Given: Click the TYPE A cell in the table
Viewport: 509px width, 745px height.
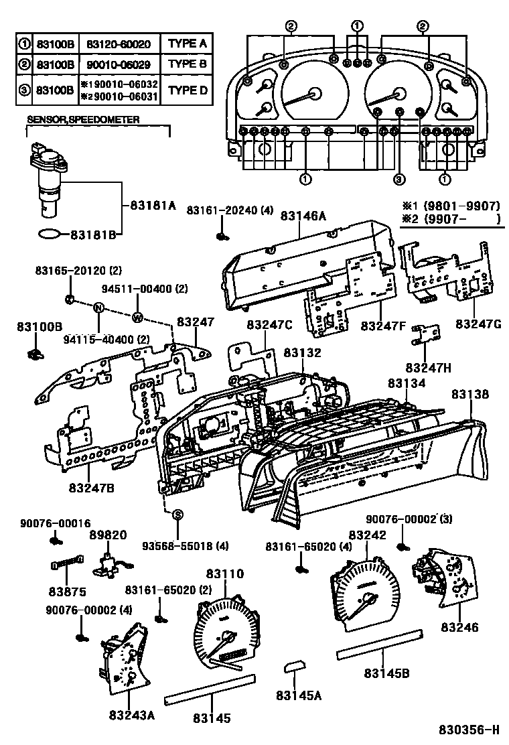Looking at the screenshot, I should [x=187, y=45].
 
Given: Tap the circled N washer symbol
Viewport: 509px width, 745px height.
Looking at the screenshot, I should [x=98, y=308].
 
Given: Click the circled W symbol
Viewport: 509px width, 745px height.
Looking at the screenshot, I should [x=137, y=317].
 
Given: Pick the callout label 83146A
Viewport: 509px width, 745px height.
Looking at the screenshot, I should [x=303, y=216].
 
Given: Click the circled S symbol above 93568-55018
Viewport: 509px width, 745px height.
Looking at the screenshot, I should [x=177, y=515].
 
